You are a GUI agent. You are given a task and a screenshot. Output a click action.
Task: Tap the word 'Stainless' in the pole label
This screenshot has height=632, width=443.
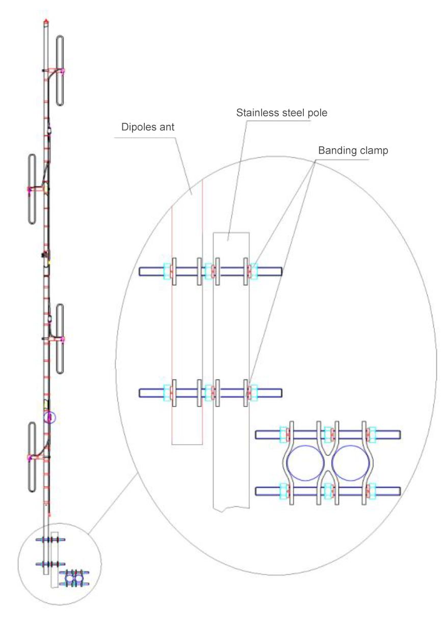pos(255,113)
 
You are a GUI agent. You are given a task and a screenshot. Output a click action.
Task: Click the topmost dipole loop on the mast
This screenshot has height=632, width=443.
pos(60,71)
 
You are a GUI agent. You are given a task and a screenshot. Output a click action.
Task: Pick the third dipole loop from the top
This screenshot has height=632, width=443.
pos(60,339)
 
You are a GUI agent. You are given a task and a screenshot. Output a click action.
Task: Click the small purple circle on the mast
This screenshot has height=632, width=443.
pos(49,418)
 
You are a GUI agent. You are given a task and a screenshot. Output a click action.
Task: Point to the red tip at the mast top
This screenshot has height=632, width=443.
pos(46,21)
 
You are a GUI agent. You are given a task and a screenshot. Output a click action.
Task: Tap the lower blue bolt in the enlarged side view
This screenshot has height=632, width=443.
pos(210,393)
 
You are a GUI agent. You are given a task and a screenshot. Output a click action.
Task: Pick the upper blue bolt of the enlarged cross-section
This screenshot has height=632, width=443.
pos(328,434)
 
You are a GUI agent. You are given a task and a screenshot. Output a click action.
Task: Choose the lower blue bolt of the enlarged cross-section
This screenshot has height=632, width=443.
pos(328,491)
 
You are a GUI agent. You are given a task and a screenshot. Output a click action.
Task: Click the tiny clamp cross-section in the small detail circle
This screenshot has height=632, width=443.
pos(74,579)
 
